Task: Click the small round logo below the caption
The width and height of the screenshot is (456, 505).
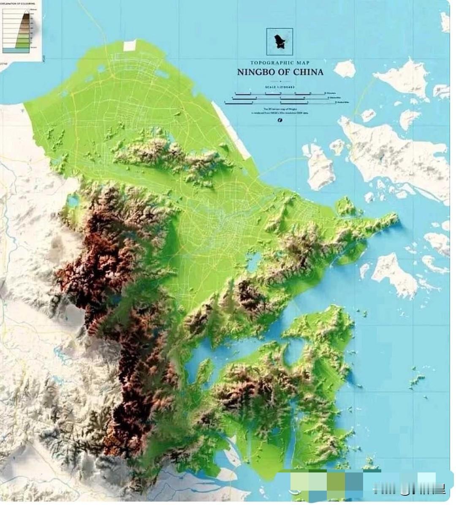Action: pyautogui.click(x=280, y=120)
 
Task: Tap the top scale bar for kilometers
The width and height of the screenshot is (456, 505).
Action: pyautogui.click(x=279, y=93)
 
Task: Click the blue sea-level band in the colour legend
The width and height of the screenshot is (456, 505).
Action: pyautogui.click(x=16, y=50)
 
